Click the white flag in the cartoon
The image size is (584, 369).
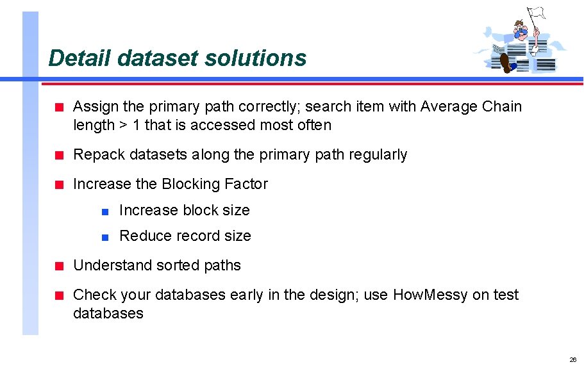pos(535,13)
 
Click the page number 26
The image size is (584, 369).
pos(573,359)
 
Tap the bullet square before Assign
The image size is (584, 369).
pos(58,107)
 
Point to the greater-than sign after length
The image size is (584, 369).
pos(123,126)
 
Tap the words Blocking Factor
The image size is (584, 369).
pos(215,184)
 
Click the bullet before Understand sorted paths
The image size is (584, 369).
pos(58,266)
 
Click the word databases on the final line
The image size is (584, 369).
pos(108,313)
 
